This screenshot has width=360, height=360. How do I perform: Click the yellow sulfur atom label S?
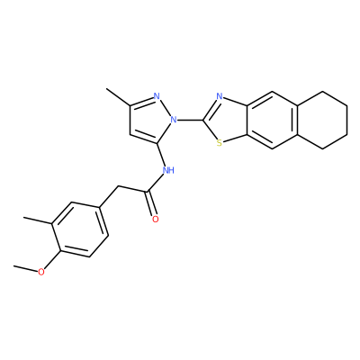[220, 143]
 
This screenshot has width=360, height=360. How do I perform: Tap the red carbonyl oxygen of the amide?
[155, 220]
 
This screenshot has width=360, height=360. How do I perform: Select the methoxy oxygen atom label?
[41, 272]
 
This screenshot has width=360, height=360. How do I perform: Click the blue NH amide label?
[168, 170]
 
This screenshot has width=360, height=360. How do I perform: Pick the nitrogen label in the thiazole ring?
[220, 96]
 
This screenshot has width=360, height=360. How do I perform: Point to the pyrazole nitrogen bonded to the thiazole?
[173, 120]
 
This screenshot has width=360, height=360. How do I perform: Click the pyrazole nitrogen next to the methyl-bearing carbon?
[156, 96]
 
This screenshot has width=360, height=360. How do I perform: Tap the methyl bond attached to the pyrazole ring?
[118, 97]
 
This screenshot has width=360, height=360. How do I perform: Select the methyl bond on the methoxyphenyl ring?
[38, 220]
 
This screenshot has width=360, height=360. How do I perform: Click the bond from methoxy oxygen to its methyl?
[25, 268]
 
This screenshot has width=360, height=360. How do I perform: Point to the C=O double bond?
[151, 203]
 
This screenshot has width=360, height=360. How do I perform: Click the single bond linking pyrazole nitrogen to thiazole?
[190, 120]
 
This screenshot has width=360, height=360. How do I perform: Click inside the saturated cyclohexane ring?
[322, 120]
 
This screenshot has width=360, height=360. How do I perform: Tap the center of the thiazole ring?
[227, 120]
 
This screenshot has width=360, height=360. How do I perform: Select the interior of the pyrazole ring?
[150, 121]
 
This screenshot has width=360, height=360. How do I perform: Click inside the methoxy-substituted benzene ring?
[79, 229]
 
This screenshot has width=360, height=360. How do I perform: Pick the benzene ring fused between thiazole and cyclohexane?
[273, 120]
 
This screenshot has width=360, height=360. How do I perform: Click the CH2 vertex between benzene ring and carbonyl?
[118, 186]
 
